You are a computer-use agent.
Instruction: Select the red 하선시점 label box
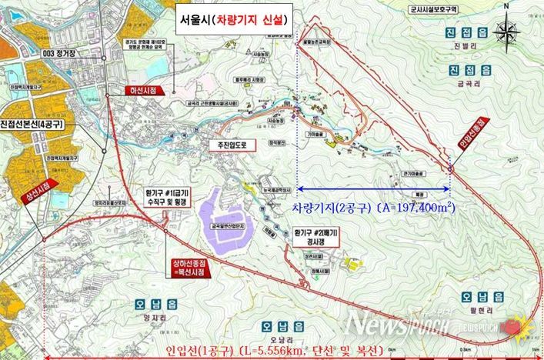click(144, 90)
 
